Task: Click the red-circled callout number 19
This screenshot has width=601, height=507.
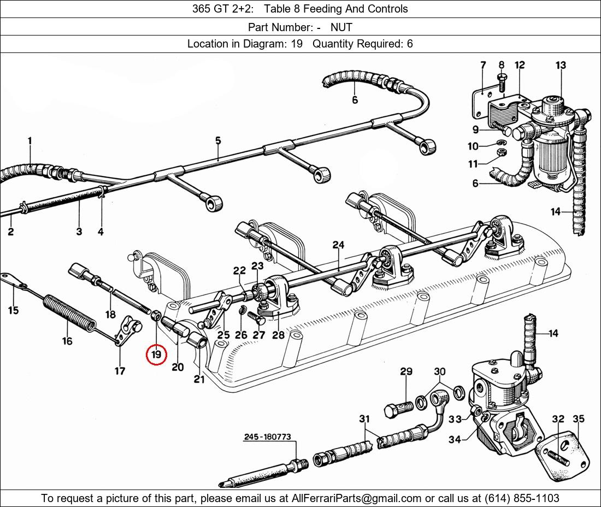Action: point(156,355)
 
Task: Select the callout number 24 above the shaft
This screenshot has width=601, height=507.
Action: point(338,245)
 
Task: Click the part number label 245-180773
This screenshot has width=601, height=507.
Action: point(268,437)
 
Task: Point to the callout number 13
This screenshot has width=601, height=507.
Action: point(561,65)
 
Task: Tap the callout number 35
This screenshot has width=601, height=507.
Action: point(579,418)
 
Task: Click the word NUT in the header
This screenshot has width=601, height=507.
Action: point(341,27)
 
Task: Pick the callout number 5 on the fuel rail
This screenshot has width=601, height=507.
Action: point(218,140)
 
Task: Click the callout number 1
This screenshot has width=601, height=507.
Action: point(30,140)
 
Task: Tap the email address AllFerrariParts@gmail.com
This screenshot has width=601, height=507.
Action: point(356,498)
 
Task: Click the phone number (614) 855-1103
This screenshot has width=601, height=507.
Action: point(522,498)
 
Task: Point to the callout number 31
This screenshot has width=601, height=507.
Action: point(364,419)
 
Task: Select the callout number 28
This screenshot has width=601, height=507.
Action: point(278,335)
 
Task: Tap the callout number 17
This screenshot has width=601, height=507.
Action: point(120,370)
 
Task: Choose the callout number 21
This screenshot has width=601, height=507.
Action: point(199,379)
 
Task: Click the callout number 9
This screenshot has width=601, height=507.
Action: point(476,129)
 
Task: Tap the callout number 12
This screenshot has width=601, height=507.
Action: point(520,65)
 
